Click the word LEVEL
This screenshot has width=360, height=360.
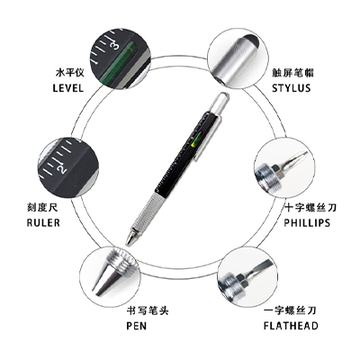coord(67,88)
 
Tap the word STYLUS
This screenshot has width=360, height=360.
coord(291,88)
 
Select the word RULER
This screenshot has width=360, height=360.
coord(43,222)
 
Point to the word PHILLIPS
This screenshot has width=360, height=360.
coord(307,222)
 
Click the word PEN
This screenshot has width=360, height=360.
coord(137,326)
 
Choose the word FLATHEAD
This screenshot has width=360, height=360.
coord(291,326)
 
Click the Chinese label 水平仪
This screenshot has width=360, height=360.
coord(70,73)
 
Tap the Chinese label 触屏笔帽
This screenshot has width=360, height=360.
coord(292,73)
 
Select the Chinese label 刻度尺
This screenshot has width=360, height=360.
coord(42,207)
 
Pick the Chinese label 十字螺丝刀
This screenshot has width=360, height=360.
coord(310,207)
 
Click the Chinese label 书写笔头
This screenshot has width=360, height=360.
coord(148,310)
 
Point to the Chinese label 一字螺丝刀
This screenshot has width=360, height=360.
coord(290,310)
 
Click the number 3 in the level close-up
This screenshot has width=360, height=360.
coord(115,46)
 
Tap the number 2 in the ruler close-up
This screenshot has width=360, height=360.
coord(62,169)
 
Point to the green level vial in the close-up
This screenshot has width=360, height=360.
coord(119,62)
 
